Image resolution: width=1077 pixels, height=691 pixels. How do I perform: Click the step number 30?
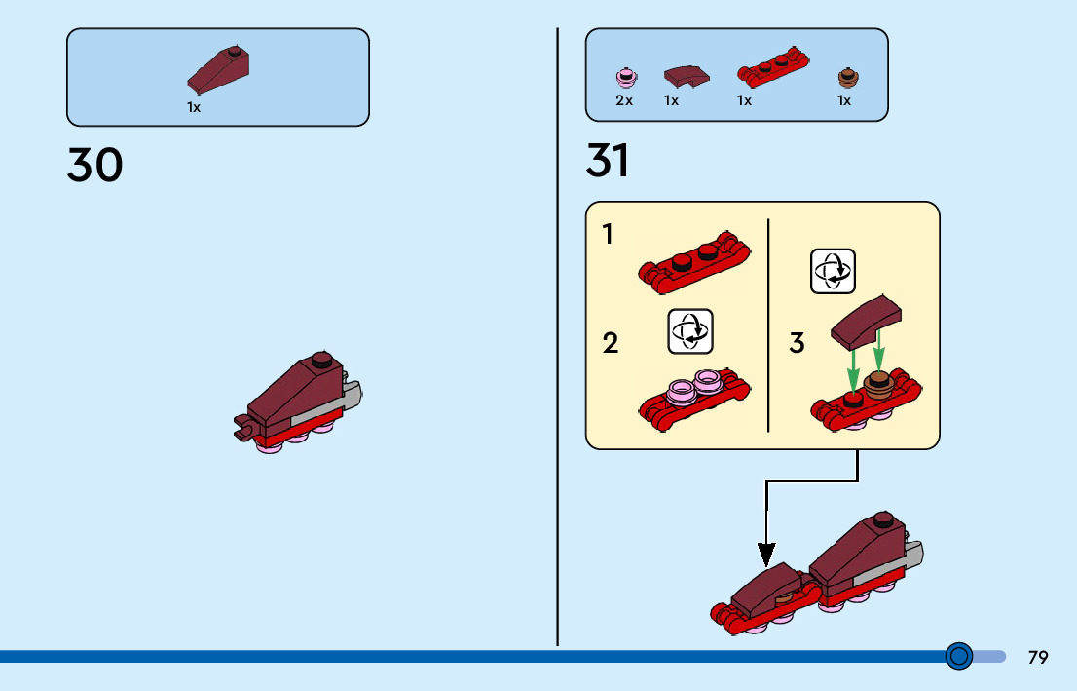point(94,165)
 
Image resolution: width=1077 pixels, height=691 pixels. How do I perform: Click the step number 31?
point(608,161)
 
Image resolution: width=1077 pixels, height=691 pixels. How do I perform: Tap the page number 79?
point(1038,657)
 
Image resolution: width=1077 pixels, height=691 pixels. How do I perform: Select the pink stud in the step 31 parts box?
point(626,77)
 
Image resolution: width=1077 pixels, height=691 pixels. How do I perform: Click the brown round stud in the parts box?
point(848,77)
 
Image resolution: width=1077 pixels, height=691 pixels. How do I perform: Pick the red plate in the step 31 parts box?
point(773,66)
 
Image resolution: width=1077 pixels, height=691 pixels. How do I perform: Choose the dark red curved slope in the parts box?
point(687,76)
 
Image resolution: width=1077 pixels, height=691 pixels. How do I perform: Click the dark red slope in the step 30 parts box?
point(218,70)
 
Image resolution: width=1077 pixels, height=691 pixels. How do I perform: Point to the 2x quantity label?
point(623,101)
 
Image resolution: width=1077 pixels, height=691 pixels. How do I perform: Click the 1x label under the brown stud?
point(844,101)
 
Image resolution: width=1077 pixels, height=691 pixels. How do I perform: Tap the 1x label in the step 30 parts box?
point(194,108)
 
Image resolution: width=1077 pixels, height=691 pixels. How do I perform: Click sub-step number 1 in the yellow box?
point(608,235)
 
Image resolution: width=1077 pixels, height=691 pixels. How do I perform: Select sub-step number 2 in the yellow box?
point(610,343)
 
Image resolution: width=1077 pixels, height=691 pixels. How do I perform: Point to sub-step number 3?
point(797,342)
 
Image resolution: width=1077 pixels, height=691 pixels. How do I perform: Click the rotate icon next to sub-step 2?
point(690,331)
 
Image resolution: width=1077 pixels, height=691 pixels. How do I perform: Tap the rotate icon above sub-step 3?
point(834,272)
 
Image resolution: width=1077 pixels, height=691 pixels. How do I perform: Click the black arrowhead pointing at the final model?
point(766,555)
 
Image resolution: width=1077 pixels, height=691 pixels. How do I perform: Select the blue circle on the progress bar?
point(959,656)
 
